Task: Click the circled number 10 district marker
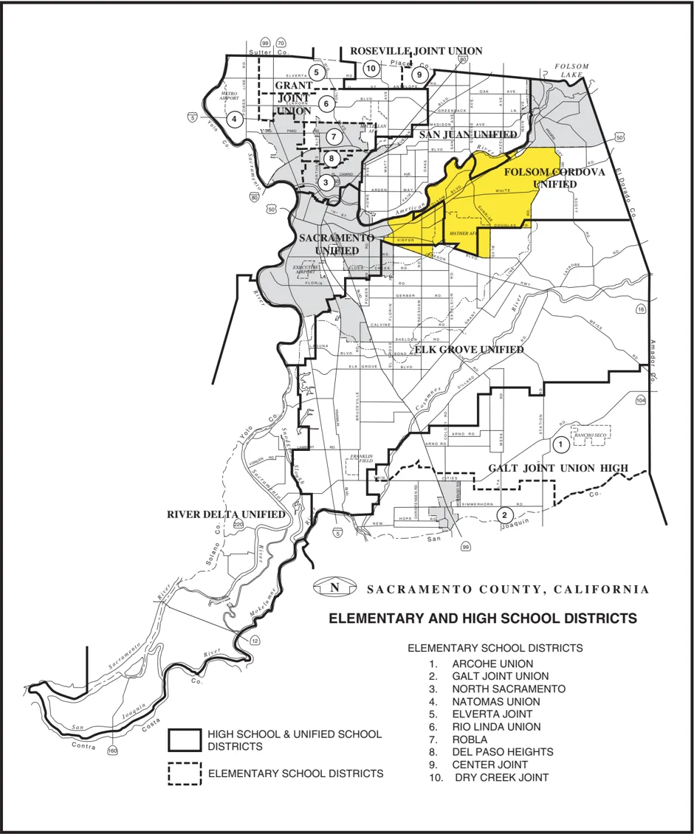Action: coord(371,69)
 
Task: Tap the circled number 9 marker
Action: coord(419,75)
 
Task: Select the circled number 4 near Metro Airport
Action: coord(234,118)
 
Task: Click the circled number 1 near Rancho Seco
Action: coord(560,444)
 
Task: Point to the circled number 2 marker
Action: coord(504,514)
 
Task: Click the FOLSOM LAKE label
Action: coord(571,70)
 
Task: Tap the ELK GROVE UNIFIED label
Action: coord(470,350)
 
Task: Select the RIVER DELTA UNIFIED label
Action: coord(226,514)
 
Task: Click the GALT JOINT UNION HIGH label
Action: coord(558,468)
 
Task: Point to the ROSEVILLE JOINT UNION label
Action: coord(416,51)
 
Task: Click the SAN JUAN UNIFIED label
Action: coord(468,135)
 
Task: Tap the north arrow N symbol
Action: coord(334,588)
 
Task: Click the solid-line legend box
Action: coord(185,740)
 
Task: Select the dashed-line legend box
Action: coord(185,773)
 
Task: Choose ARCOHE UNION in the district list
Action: coord(492,664)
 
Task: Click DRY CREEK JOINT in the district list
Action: coord(501,777)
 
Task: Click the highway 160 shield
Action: coord(112,751)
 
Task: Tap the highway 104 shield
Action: coord(640,399)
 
